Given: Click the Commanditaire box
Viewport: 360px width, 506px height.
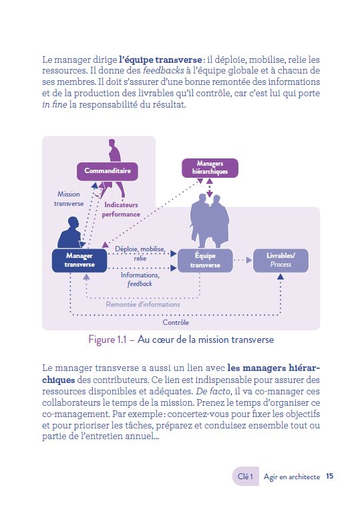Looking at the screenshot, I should point(107,171).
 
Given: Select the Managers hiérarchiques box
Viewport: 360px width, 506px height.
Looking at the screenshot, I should point(210,168).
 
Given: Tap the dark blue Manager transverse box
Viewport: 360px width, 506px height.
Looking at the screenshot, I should point(79,260).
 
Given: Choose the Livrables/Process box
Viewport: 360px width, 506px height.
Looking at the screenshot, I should point(281,260).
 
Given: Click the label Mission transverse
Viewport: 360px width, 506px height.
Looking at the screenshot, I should point(68,200).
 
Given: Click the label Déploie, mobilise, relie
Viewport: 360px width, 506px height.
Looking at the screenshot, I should point(140,253).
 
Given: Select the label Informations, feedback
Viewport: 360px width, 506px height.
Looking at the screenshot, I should point(140,279).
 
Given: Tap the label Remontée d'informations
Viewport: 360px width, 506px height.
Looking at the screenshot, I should point(143,304).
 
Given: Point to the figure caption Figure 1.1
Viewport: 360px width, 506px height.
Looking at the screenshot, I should point(180,340).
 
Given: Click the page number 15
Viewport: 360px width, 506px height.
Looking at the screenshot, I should point(330,477).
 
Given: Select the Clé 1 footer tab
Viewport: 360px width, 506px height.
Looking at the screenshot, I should point(245,477).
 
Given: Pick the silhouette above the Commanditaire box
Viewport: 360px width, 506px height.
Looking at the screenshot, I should point(113,149).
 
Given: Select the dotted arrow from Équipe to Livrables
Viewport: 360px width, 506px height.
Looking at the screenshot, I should point(242,260).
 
